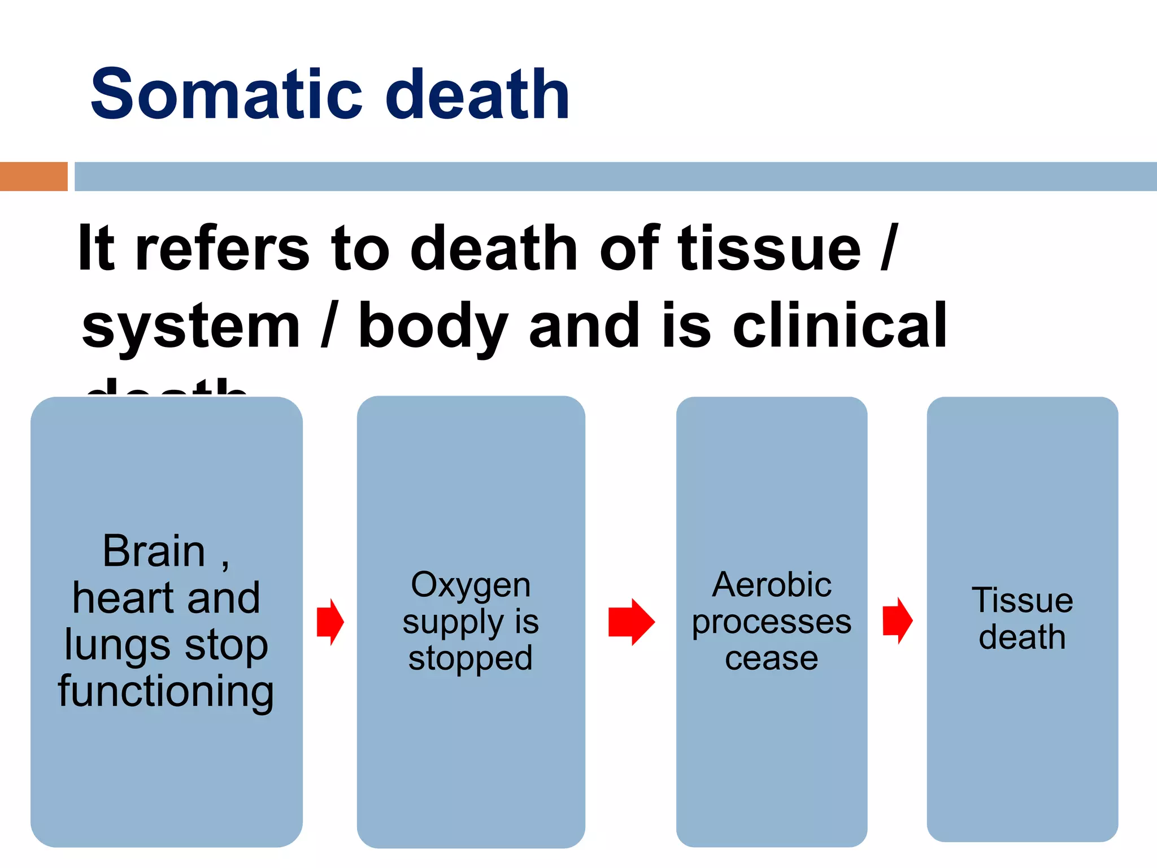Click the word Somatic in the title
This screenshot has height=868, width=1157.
click(x=226, y=94)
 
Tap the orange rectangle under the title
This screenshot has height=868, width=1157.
click(x=33, y=176)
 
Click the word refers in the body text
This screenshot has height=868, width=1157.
click(x=222, y=249)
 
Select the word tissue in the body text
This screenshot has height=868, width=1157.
click(x=769, y=249)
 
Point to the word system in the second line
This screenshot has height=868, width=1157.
click(x=191, y=327)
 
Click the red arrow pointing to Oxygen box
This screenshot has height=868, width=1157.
click(x=330, y=622)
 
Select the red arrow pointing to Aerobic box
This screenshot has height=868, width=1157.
click(x=631, y=622)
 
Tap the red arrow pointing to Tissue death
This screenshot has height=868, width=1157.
click(x=897, y=620)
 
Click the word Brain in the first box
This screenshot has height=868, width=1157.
click(x=154, y=551)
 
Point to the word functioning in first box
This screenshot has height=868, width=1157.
click(x=166, y=692)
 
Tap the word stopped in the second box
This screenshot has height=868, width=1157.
click(x=471, y=658)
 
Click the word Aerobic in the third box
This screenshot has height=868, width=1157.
click(x=771, y=585)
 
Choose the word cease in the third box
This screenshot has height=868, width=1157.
click(x=771, y=659)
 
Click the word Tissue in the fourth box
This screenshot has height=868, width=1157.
click(x=1022, y=600)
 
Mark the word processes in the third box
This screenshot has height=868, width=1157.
click(x=771, y=623)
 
